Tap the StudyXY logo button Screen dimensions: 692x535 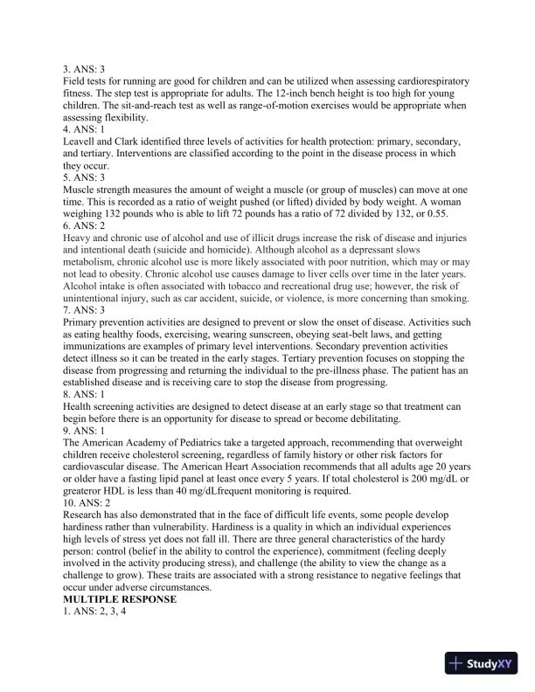coord(482,663)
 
